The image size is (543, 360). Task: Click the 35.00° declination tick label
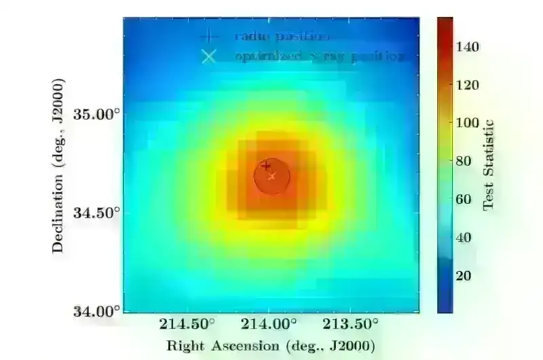pyautogui.click(x=96, y=113)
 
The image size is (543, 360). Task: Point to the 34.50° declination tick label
pyautogui.click(x=96, y=213)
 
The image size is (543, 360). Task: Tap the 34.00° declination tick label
pyautogui.click(x=96, y=312)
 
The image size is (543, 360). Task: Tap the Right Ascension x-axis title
pyautogui.click(x=270, y=345)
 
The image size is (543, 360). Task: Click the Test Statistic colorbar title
pyautogui.click(x=487, y=166)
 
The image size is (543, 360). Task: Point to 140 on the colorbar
pyautogui.click(x=468, y=47)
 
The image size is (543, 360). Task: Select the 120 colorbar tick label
pyautogui.click(x=468, y=85)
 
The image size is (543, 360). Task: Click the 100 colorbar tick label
pyautogui.click(x=468, y=123)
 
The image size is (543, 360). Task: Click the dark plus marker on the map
pyautogui.click(x=266, y=165)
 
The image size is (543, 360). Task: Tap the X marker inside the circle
pyautogui.click(x=272, y=177)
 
